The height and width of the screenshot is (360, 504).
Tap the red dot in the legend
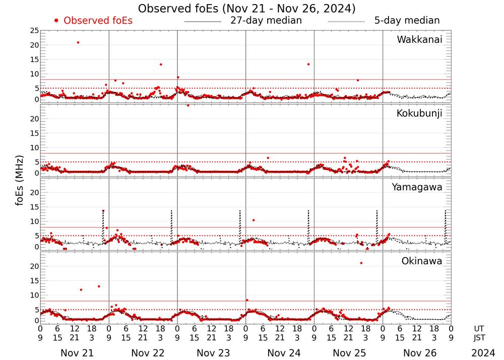coord(56,21)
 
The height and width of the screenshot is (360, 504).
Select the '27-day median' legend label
coord(266,21)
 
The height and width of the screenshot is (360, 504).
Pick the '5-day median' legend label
coord(407,21)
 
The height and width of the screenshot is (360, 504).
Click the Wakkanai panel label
coord(419,40)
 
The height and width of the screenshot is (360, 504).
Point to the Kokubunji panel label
coord(419,113)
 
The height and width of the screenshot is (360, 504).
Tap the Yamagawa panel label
coord(417,188)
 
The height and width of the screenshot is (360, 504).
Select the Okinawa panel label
coord(422,261)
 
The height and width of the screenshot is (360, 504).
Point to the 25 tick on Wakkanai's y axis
coord(33,31)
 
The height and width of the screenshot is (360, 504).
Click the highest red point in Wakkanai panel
coord(78,42)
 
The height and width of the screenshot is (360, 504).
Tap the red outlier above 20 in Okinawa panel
coord(361,263)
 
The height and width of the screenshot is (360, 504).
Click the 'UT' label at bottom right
coord(481,328)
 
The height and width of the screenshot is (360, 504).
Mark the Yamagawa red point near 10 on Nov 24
coord(254,220)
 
